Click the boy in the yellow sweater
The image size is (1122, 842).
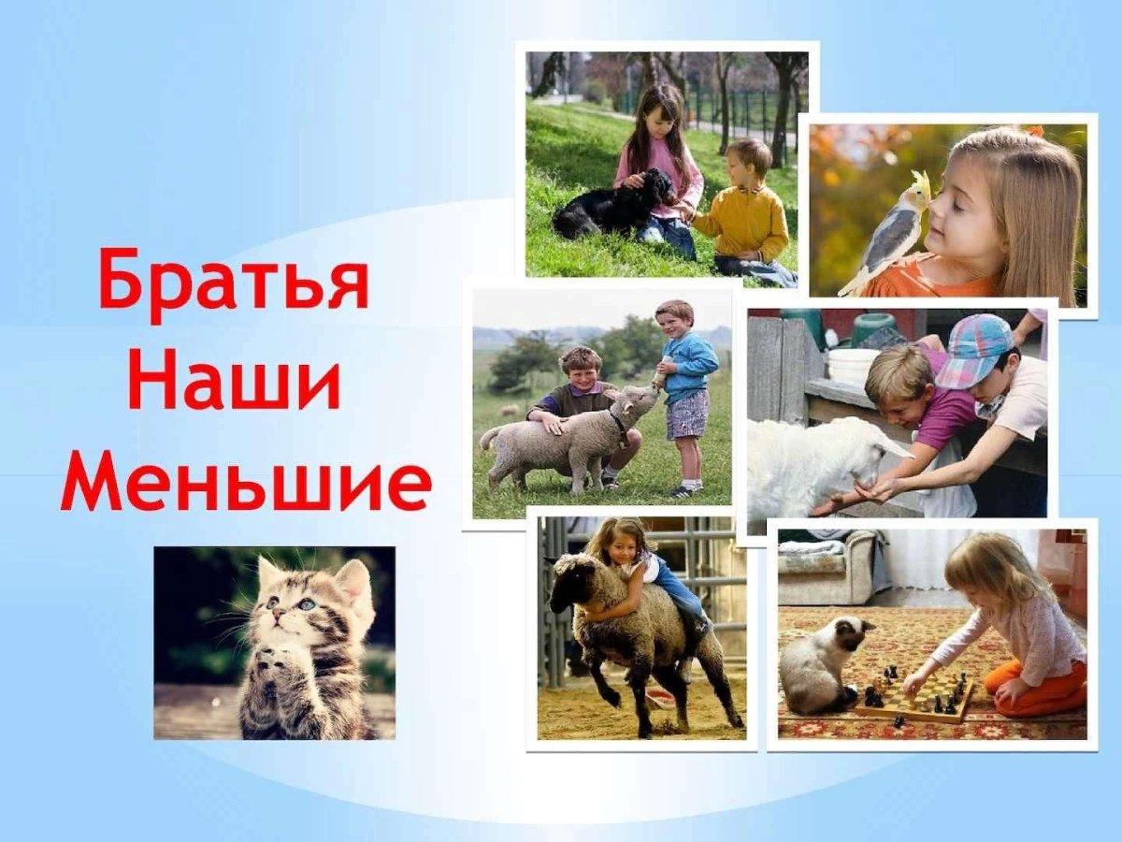(x=743, y=215)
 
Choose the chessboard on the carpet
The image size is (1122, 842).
(x=916, y=697)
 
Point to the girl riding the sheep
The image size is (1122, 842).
(x=645, y=571)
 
